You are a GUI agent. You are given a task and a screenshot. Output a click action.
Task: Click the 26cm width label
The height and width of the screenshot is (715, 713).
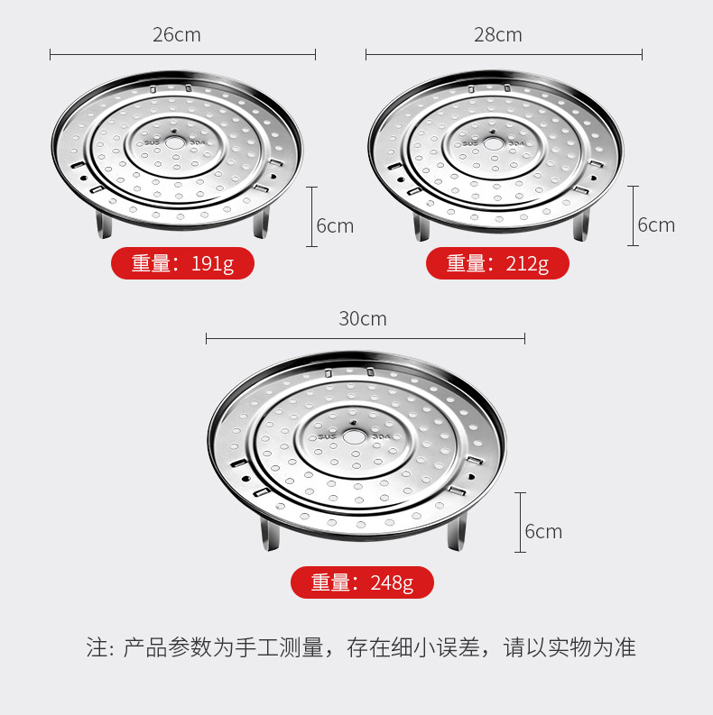(177, 35)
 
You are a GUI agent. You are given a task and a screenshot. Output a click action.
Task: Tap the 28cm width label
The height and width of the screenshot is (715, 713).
(497, 35)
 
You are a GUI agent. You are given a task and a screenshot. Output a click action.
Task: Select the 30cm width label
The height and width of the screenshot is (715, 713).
(363, 319)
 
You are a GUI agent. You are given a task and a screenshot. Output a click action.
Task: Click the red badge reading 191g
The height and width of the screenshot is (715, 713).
(182, 263)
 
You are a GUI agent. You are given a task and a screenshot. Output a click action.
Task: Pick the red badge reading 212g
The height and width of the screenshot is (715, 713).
(497, 263)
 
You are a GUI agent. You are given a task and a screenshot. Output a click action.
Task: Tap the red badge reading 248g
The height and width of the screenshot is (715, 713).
(363, 582)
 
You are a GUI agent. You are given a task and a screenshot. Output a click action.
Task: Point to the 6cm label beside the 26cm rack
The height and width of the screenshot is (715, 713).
(335, 225)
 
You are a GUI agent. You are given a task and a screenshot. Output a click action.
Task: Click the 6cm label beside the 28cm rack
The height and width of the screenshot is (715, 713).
(656, 225)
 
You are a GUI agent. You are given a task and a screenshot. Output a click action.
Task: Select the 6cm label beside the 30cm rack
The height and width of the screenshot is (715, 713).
(543, 531)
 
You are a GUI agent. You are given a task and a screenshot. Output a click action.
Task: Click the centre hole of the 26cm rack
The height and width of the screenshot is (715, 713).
(175, 142)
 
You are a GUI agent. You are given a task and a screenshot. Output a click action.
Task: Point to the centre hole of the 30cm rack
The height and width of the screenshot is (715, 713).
(354, 436)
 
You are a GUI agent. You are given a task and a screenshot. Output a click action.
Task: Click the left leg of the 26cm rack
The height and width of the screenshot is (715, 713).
(104, 225)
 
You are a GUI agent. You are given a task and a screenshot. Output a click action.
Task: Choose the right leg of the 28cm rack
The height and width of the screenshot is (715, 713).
(581, 226)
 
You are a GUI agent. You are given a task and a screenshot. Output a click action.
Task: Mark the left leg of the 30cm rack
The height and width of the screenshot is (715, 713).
(269, 534)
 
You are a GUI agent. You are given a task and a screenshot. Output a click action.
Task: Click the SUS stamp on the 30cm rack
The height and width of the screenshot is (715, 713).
(327, 436)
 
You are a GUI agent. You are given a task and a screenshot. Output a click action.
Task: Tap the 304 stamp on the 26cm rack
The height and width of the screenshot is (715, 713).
(197, 142)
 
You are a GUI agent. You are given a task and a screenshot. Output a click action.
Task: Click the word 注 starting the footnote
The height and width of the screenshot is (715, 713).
(97, 647)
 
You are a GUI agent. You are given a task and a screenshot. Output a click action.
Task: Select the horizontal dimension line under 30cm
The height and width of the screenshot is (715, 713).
(366, 339)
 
